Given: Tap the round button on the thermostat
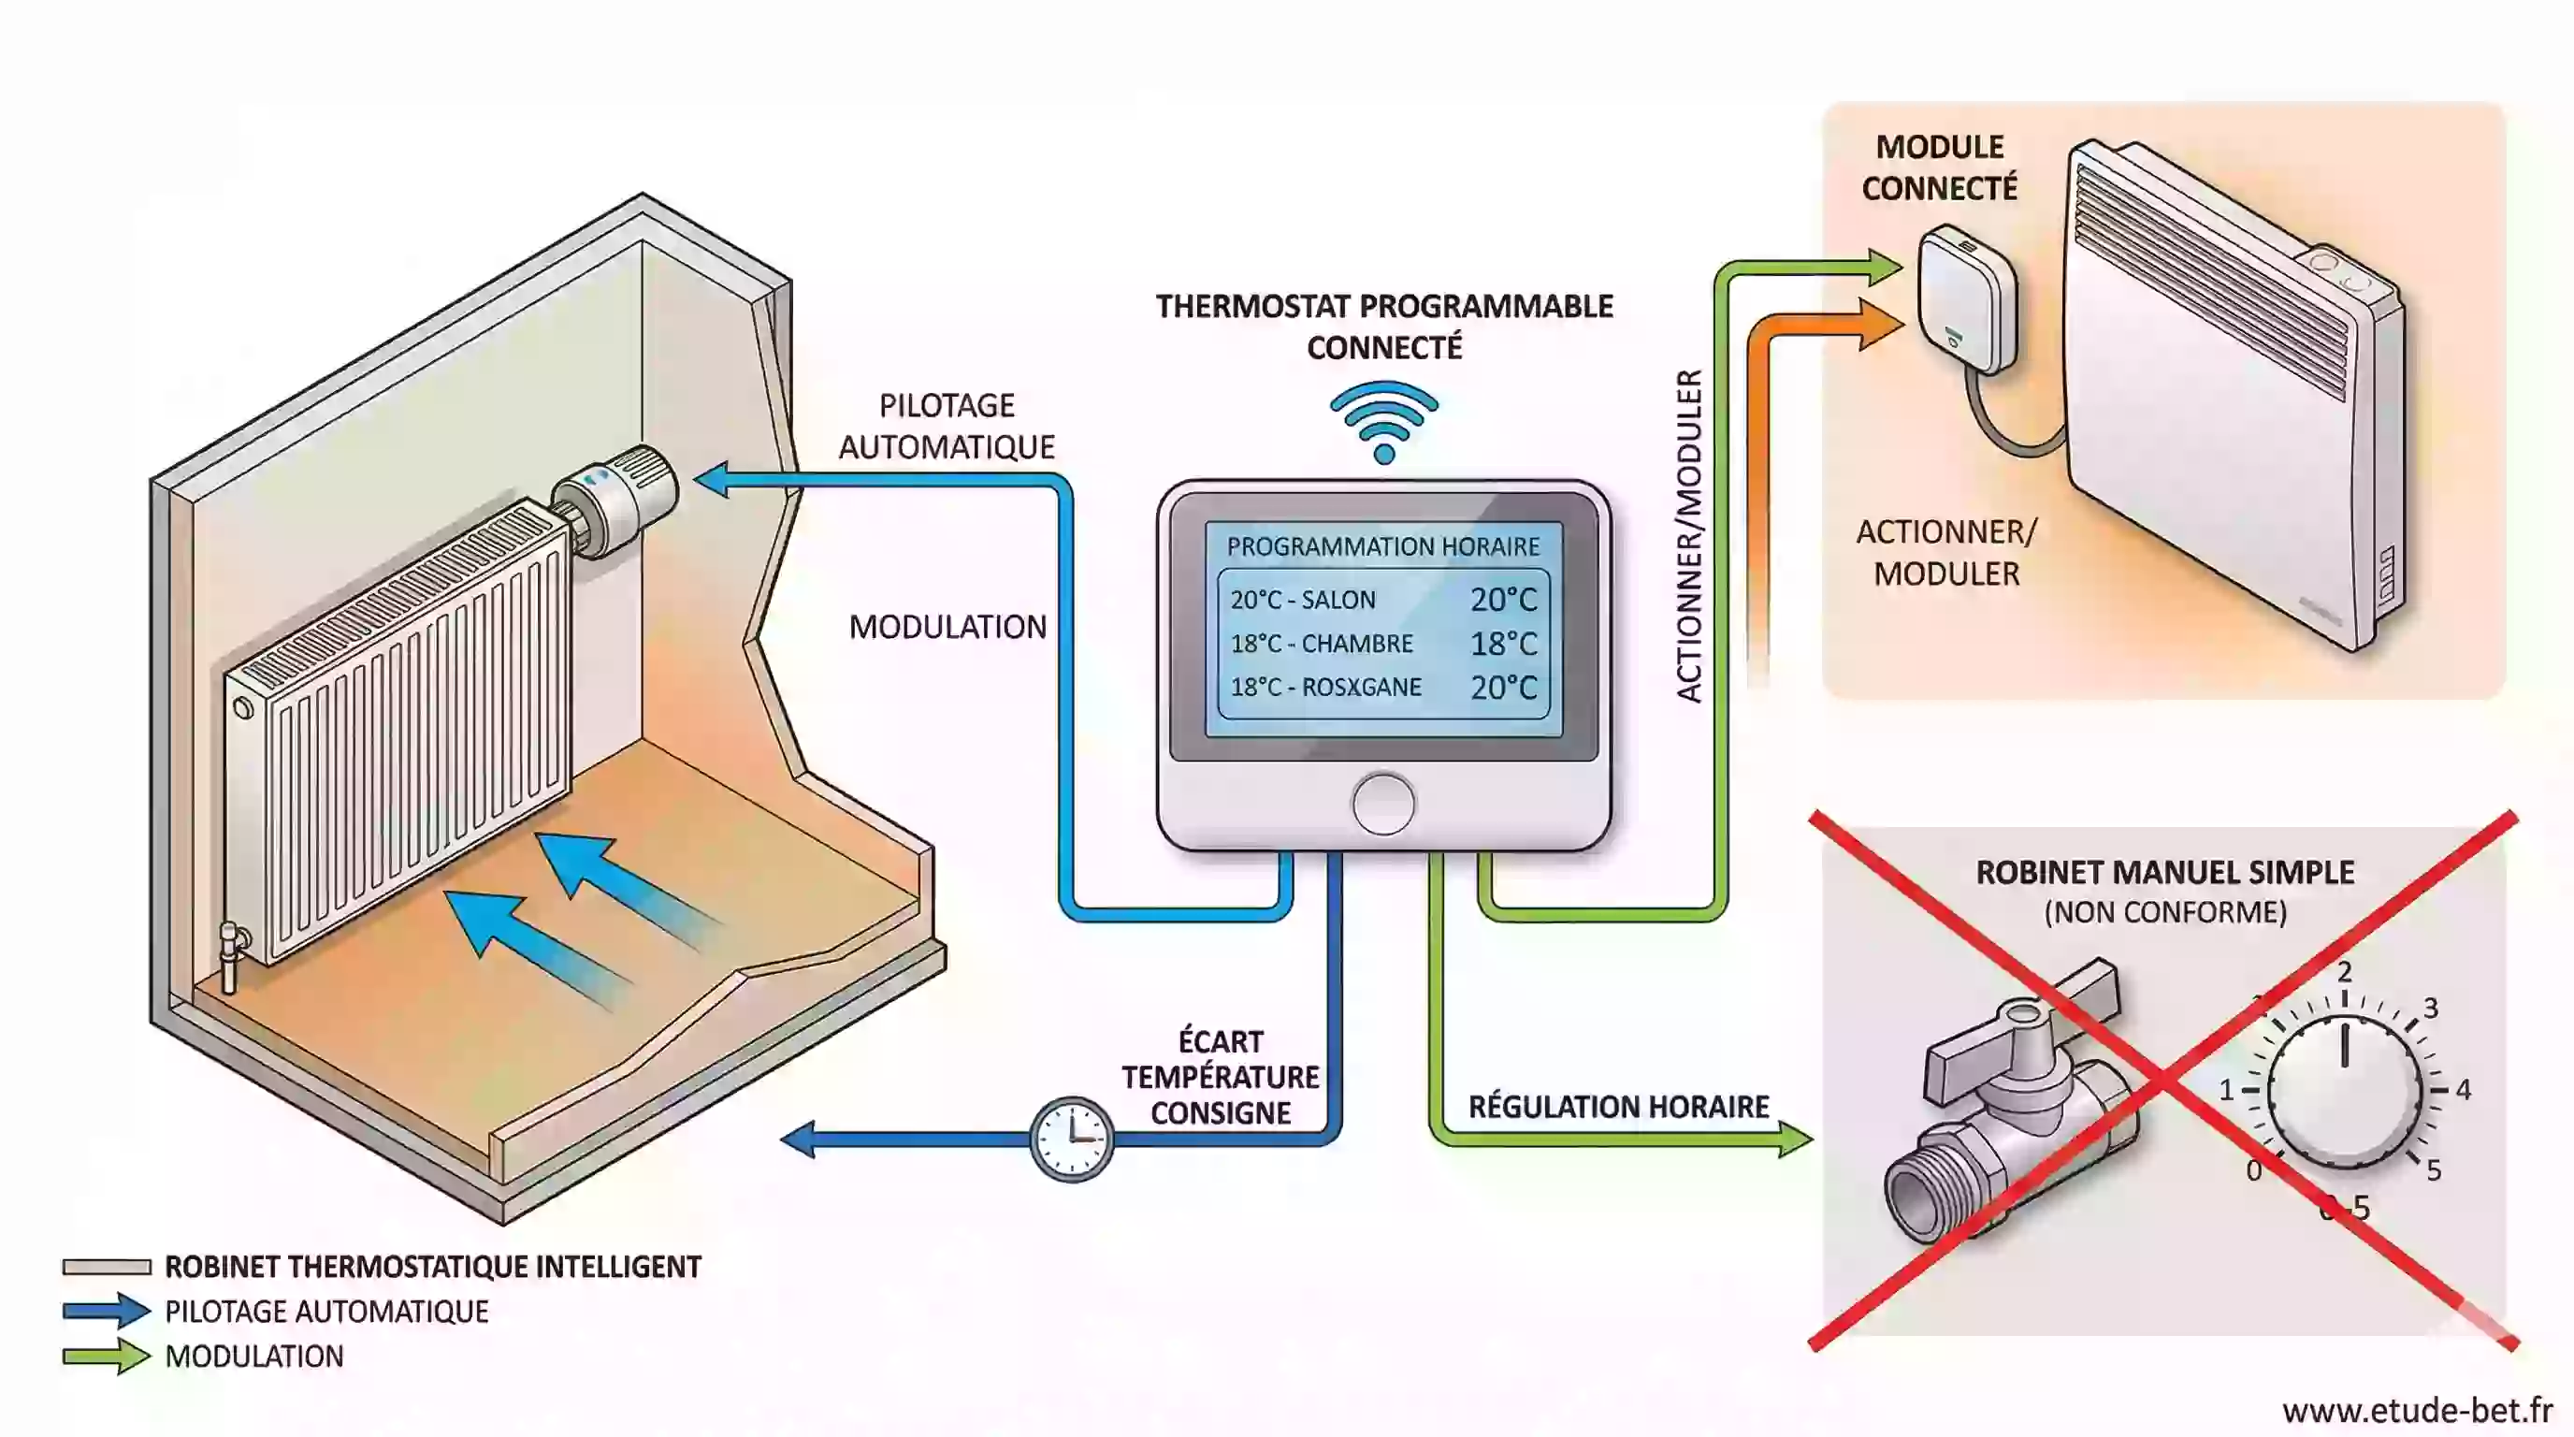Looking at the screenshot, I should click(1384, 804).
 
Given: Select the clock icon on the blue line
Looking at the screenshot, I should click(1071, 1139).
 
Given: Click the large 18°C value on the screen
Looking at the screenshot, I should click(1503, 644).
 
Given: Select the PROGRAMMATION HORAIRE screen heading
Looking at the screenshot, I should click(1383, 546).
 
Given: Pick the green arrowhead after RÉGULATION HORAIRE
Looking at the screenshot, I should click(1796, 1139).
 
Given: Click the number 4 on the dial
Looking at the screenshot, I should click(2463, 1089).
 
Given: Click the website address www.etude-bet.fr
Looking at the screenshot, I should click(2417, 1410).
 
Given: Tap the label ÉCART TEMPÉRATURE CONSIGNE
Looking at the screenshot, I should click(1220, 1077).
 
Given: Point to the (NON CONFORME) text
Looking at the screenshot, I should click(2165, 911).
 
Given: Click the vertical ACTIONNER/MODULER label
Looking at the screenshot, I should click(1688, 537).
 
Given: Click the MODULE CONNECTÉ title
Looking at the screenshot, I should click(1940, 167).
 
